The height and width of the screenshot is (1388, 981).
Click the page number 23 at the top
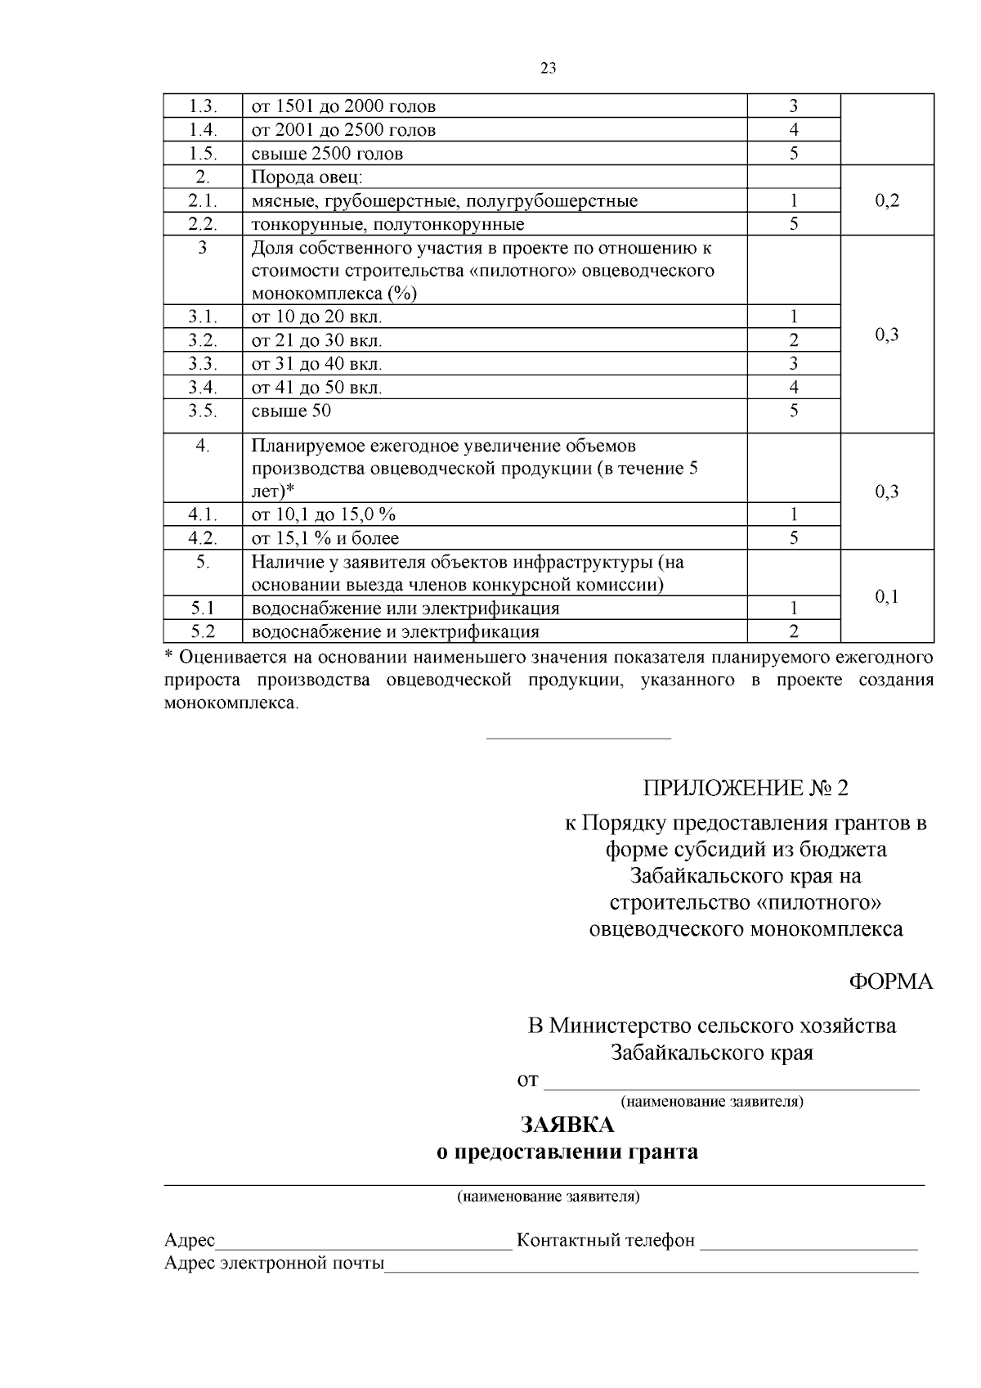549,69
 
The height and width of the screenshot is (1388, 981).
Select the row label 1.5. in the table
203,154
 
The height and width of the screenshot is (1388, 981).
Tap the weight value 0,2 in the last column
887,201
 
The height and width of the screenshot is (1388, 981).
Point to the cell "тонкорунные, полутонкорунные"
387,224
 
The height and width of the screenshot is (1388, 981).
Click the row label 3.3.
203,364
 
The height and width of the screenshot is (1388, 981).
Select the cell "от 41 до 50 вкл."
317,388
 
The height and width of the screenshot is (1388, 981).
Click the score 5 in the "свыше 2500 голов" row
794,154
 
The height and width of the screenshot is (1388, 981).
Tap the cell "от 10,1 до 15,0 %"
324,514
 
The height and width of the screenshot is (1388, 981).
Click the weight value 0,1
887,597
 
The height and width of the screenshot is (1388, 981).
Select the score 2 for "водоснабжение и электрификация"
794,631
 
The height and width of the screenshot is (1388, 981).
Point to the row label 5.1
203,609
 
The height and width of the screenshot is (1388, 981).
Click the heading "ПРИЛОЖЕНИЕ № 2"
746,788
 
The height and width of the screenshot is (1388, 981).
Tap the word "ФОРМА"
890,982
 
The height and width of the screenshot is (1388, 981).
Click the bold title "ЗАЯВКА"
567,1126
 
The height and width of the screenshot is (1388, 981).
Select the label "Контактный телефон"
606,1241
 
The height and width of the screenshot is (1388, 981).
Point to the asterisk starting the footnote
169,656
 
